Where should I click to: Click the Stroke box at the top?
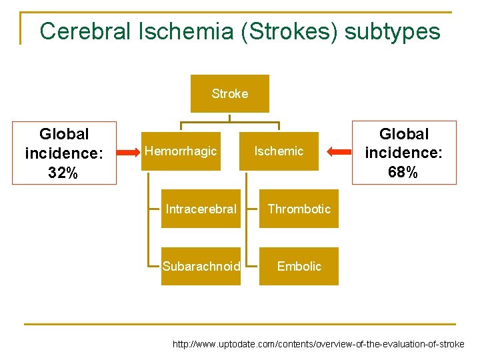[230, 94]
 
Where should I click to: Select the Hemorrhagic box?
[181, 151]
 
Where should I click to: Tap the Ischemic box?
[279, 151]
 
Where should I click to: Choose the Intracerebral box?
[201, 209]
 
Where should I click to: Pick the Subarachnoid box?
[201, 267]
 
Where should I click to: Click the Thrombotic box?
[299, 209]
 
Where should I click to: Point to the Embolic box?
[299, 267]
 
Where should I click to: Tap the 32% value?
[64, 173]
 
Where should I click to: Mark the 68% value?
[403, 173]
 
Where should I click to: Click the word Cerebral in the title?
[84, 31]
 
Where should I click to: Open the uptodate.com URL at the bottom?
[318, 345]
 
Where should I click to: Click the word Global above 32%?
[64, 134]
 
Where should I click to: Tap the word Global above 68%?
[404, 134]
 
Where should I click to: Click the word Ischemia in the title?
[177, 31]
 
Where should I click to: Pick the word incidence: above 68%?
[403, 153]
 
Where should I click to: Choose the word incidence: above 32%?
[64, 153]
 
